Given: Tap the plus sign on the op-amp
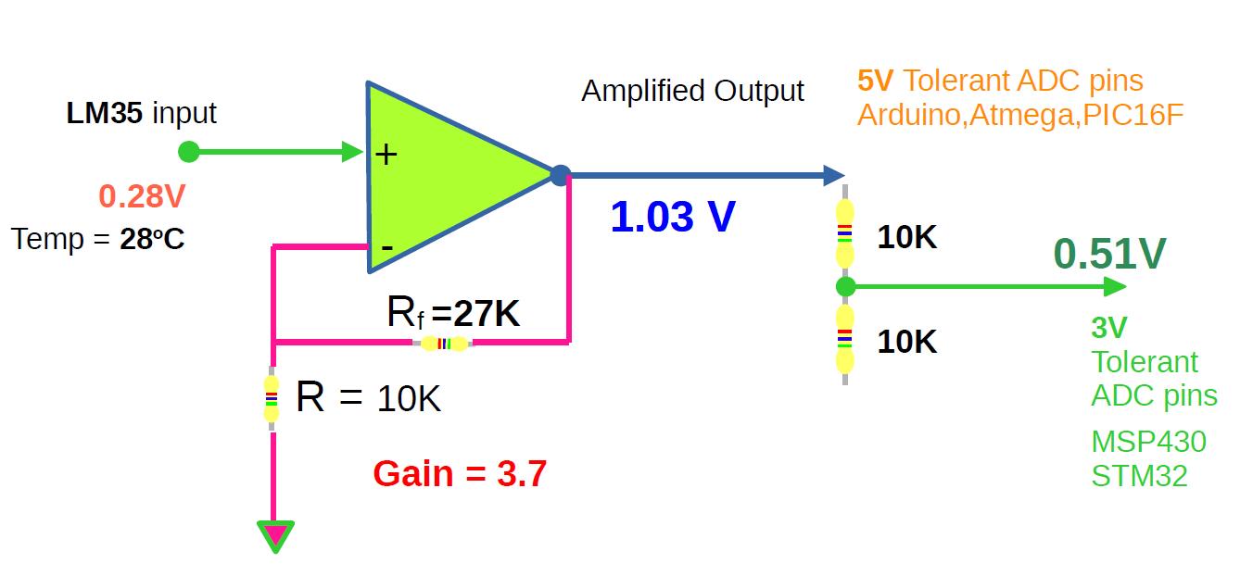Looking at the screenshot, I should (386, 154).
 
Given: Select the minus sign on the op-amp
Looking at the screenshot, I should (387, 247).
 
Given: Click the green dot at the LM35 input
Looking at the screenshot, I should (188, 151).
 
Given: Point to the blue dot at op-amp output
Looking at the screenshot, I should (559, 174).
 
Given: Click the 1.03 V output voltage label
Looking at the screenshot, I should (673, 217).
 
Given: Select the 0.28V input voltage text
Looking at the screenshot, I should (142, 196).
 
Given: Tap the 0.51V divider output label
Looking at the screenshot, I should (1109, 254).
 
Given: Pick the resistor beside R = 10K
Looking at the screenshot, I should (272, 399).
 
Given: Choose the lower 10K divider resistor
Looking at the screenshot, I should (844, 340).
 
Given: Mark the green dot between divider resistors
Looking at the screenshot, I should (844, 286).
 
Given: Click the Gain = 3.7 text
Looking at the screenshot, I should (460, 474).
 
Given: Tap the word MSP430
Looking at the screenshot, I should (1148, 442).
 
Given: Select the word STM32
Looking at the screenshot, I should (1139, 476).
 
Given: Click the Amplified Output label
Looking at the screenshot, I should (692, 91).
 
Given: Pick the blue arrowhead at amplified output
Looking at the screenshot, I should (833, 174).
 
